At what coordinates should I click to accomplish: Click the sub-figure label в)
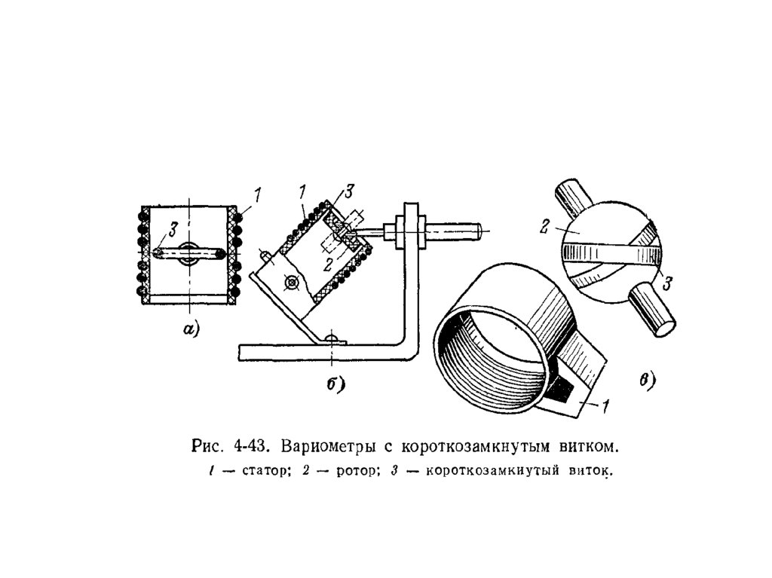click(x=648, y=380)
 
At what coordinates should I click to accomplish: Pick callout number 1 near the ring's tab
click(x=605, y=405)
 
